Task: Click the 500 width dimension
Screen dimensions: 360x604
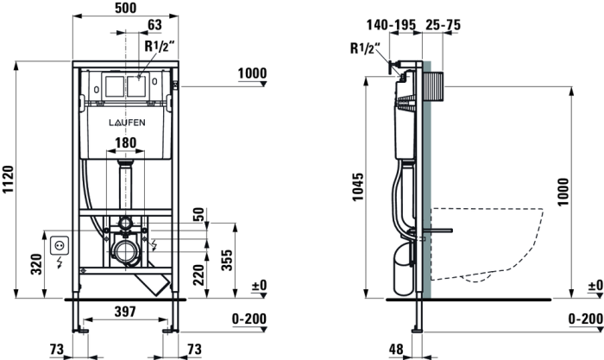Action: (125, 8)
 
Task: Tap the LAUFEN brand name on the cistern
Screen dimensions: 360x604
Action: (126, 121)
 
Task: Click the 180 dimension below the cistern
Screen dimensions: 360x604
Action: (126, 142)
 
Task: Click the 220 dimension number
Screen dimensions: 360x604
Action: (199, 275)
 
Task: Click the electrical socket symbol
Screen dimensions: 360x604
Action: (60, 244)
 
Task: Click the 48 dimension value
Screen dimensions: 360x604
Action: (396, 349)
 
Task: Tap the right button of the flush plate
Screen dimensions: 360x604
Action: (136, 85)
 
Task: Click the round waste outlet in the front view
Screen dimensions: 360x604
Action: (126, 254)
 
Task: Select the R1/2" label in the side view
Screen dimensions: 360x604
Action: (366, 48)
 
